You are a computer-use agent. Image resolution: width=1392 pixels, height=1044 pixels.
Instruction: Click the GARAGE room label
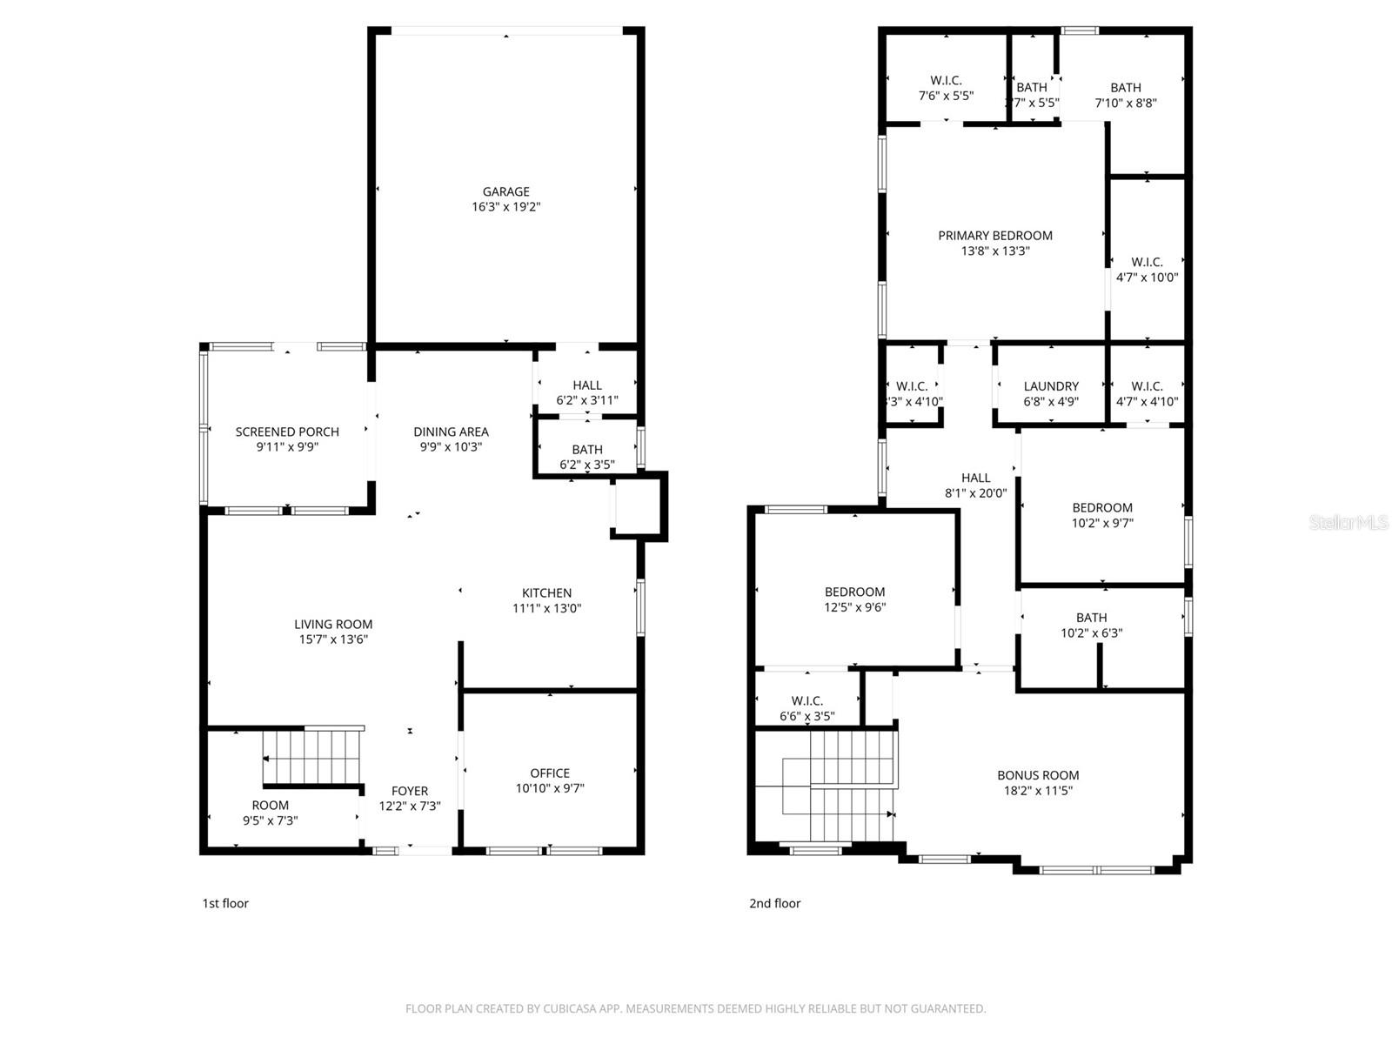click(x=505, y=191)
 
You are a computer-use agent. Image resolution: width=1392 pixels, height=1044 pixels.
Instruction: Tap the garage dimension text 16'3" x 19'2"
click(x=505, y=207)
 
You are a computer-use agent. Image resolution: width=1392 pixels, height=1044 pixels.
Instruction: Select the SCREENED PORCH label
click(x=287, y=432)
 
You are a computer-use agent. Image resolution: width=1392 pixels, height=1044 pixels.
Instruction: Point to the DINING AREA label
click(x=451, y=432)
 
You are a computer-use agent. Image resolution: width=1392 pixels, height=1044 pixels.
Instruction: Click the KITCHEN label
click(x=546, y=593)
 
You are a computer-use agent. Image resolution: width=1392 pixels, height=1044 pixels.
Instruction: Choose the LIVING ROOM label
click(x=333, y=624)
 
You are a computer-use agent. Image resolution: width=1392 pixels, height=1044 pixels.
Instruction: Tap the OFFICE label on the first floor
click(x=550, y=773)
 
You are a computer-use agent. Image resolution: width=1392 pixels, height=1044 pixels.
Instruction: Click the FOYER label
click(x=410, y=791)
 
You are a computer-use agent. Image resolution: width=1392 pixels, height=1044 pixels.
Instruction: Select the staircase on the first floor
click(x=311, y=757)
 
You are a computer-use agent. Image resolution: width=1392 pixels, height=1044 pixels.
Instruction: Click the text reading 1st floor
click(x=225, y=903)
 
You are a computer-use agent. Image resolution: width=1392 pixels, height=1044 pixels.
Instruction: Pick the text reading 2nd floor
click(x=774, y=903)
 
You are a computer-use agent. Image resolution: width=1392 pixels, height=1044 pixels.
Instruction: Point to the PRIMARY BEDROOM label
click(x=995, y=236)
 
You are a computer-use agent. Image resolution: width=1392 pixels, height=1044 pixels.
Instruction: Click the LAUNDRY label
click(x=1051, y=386)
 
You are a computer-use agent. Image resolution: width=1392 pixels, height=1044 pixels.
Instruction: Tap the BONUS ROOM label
click(x=1038, y=775)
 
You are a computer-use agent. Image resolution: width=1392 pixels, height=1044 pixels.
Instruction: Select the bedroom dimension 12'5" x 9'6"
click(x=855, y=607)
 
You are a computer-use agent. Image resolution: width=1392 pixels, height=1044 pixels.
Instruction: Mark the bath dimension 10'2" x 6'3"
click(x=1091, y=633)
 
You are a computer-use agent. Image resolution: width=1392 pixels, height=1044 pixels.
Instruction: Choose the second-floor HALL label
click(x=975, y=478)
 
